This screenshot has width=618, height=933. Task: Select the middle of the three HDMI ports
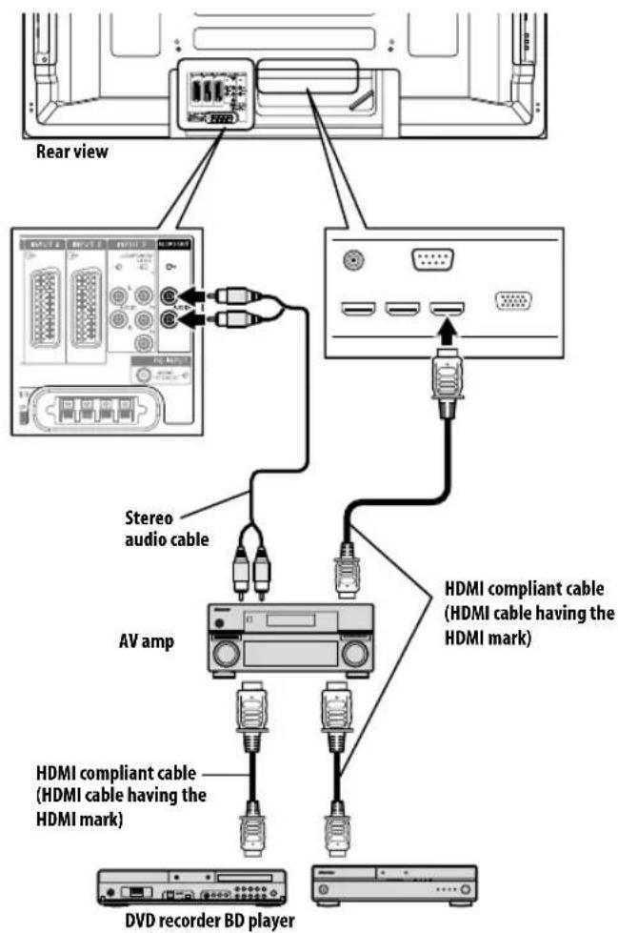tap(401, 307)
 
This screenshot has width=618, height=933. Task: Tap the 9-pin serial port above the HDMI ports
tap(432, 258)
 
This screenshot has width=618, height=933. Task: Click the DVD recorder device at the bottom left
tap(191, 886)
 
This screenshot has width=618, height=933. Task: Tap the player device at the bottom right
tap(394, 883)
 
